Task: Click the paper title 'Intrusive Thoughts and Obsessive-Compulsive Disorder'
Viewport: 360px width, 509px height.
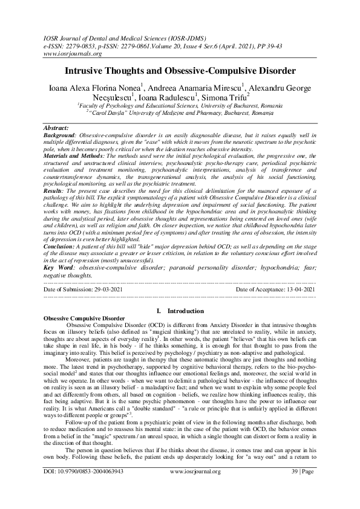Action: (180, 71)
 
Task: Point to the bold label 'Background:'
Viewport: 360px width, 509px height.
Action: (62, 135)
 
